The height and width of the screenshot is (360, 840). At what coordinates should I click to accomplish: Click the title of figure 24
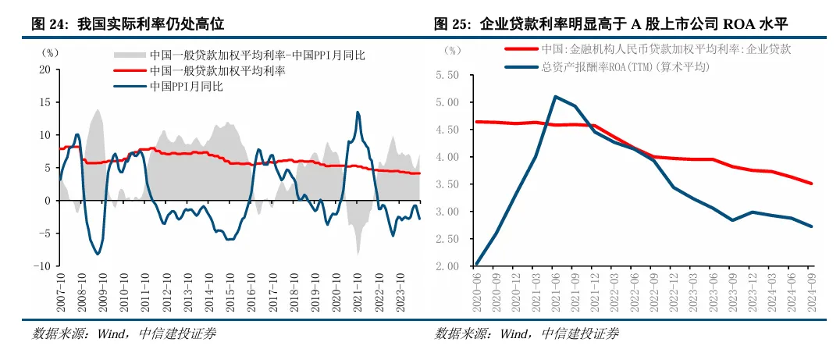(x=128, y=24)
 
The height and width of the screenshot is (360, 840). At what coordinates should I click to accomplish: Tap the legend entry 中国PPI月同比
(x=187, y=87)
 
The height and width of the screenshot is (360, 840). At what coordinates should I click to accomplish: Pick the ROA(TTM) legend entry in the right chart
(x=625, y=67)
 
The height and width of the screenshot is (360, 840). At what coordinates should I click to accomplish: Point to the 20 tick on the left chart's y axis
(x=44, y=70)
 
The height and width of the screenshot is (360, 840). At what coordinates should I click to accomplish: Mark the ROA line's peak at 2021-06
(x=555, y=97)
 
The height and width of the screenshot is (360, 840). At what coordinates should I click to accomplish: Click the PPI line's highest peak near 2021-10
(x=358, y=112)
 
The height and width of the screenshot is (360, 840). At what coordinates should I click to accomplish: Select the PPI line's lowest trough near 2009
(x=98, y=254)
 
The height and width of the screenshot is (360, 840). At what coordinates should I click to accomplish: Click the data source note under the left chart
(x=123, y=334)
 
